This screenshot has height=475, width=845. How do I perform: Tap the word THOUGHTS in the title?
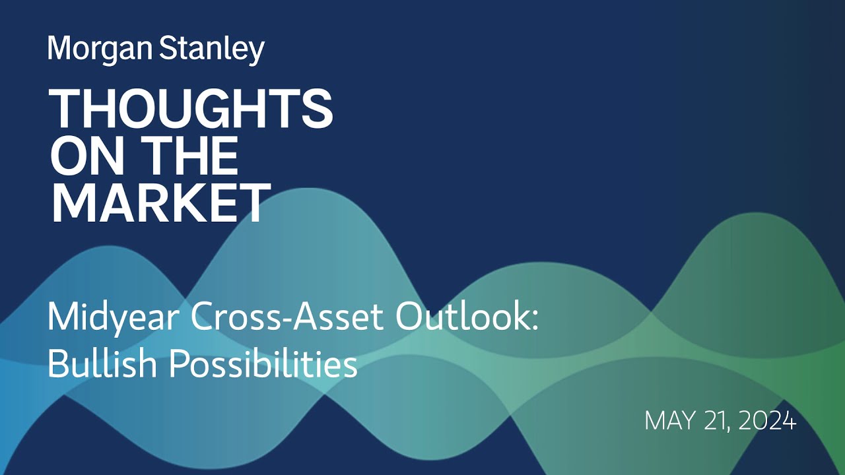[x=191, y=109]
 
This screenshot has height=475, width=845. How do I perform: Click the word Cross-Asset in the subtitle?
[x=287, y=318]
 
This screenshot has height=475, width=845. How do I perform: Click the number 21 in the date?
[x=714, y=421]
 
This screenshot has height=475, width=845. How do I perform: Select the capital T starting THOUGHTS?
[x=65, y=109]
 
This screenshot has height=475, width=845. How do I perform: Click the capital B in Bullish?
[x=57, y=363]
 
